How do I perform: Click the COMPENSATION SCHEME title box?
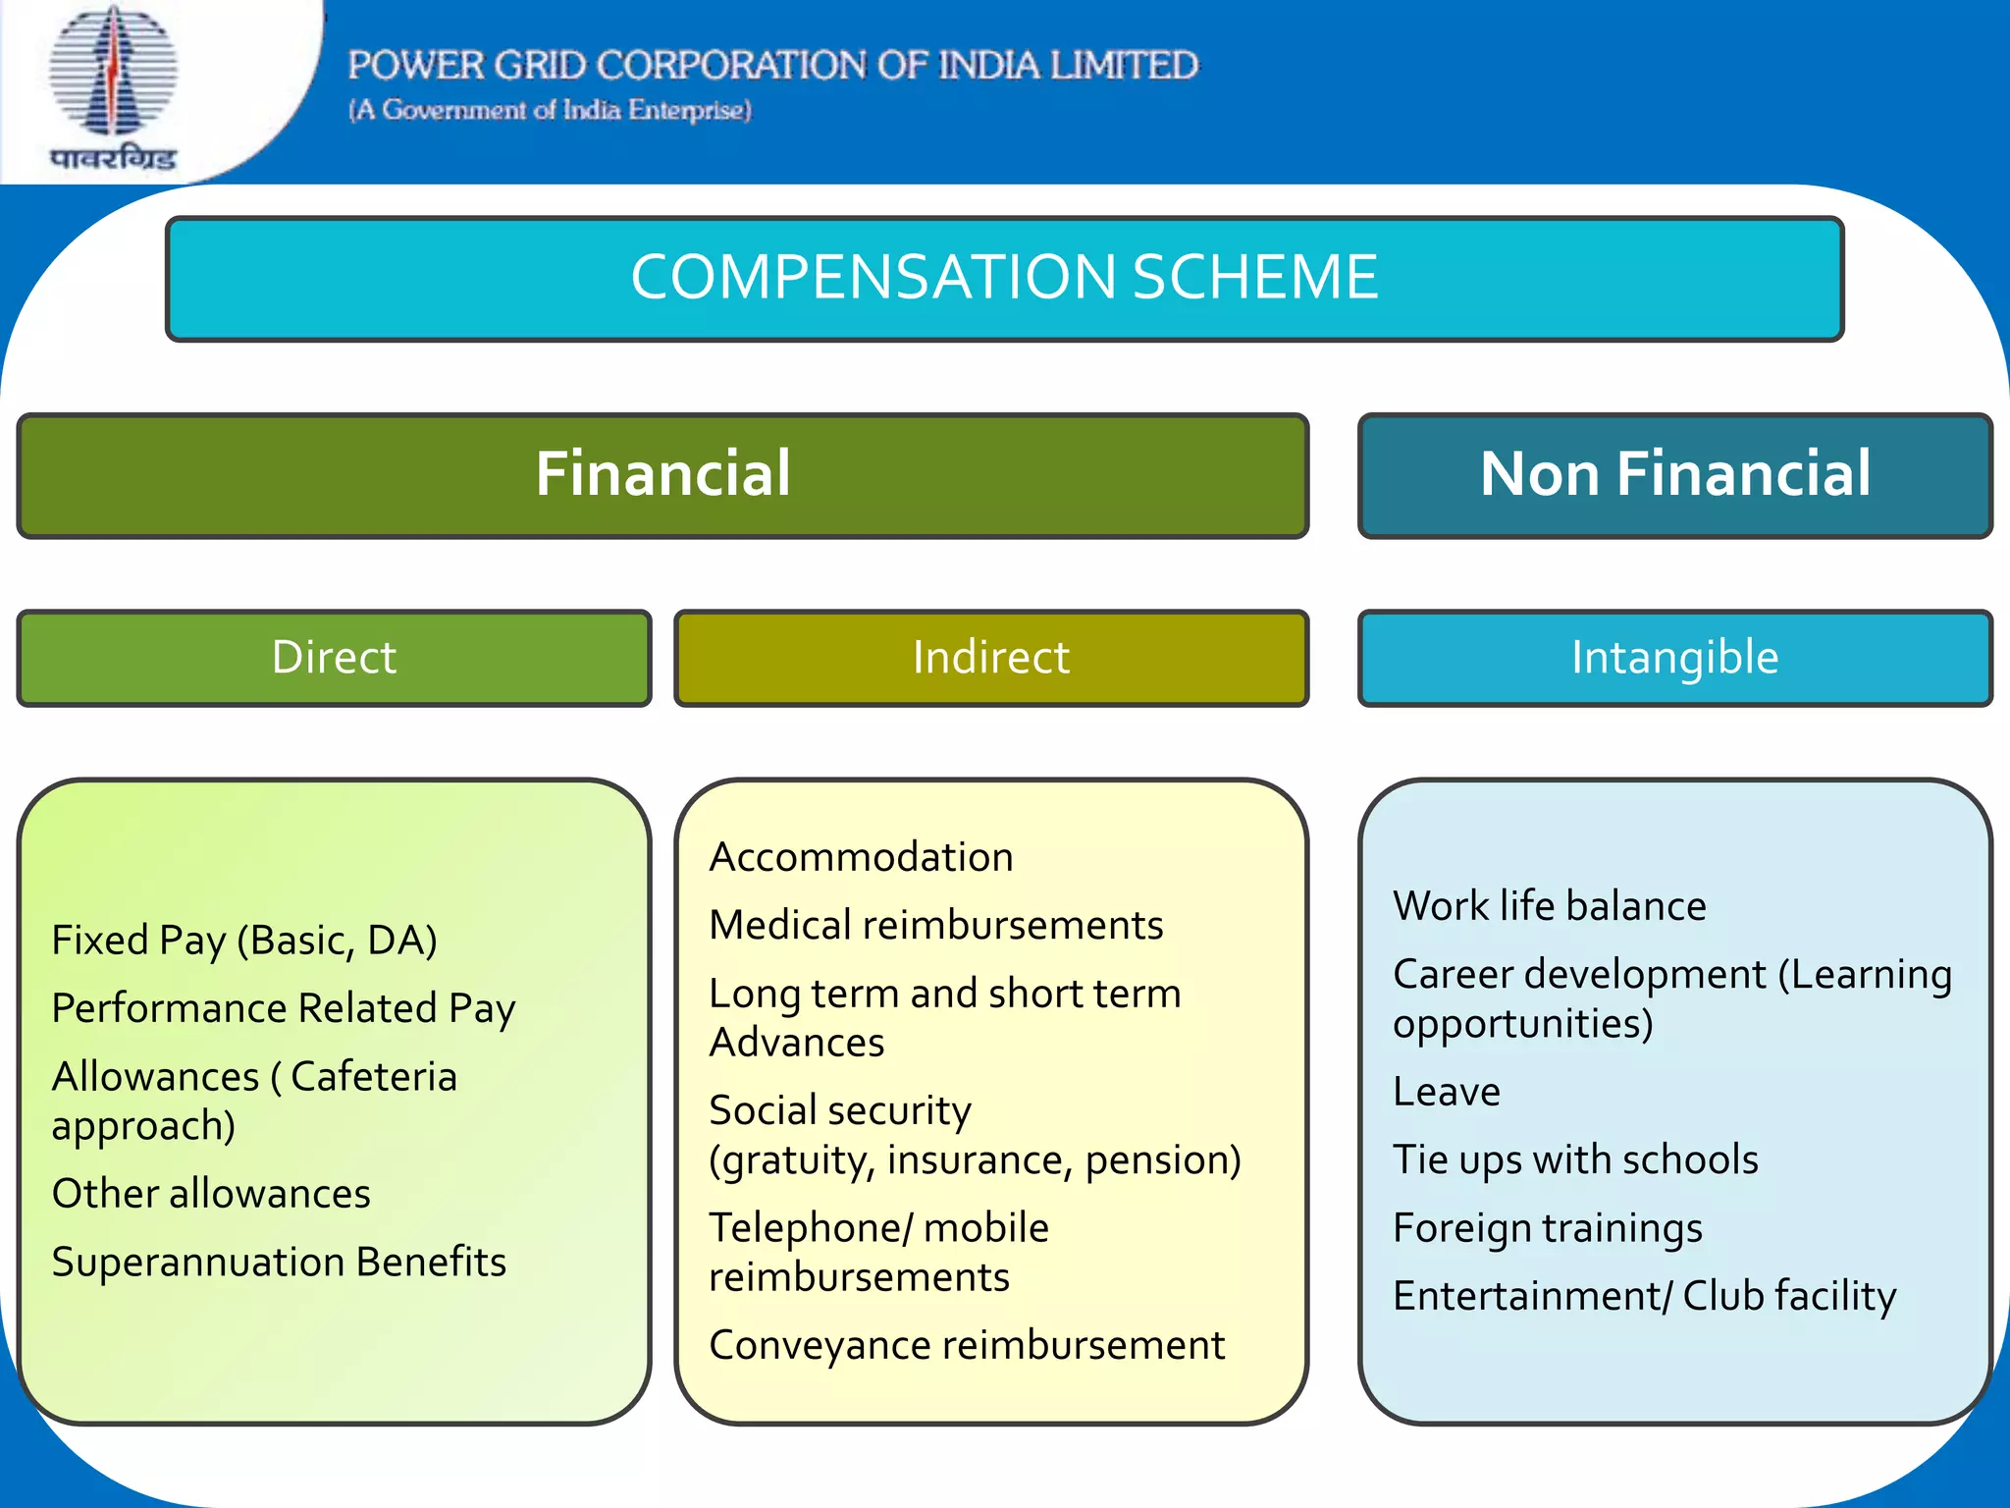point(1004,279)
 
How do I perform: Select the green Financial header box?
point(662,475)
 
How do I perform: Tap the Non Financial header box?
point(1674,475)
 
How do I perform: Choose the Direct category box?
point(334,658)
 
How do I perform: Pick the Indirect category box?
point(990,658)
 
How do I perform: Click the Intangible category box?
point(1674,658)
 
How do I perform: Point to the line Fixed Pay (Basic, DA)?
point(244,941)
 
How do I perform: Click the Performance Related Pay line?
point(284,1008)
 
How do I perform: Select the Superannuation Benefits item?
point(279,1263)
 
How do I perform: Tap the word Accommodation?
point(861,857)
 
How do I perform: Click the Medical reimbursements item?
point(936,925)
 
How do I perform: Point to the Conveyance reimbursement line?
point(967,1345)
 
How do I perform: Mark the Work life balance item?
point(1550,906)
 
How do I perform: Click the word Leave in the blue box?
point(1447,1092)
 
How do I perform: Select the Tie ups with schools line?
point(1575,1159)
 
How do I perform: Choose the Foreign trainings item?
point(1548,1228)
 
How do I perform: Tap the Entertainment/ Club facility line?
point(1645,1296)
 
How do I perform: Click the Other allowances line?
point(211,1194)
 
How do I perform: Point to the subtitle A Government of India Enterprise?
point(550,110)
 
